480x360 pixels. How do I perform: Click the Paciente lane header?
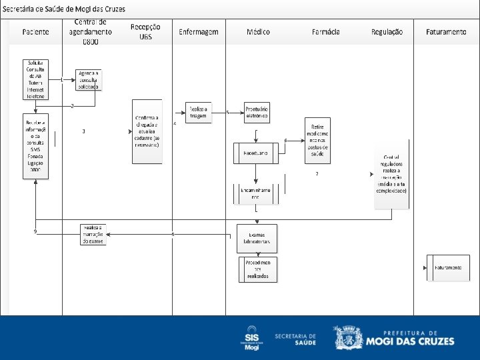tap(35, 32)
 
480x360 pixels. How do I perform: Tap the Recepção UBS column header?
tap(145, 31)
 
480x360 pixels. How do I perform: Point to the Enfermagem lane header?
tap(199, 32)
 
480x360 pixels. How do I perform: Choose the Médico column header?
tap(258, 32)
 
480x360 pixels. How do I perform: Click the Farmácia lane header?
tap(326, 32)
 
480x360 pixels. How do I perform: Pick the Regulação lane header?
tap(387, 32)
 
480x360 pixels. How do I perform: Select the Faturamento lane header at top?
tap(446, 32)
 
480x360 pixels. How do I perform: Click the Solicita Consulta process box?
tap(35, 79)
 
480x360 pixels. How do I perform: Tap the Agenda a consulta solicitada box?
tap(88, 79)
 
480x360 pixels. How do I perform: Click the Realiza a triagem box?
tap(198, 113)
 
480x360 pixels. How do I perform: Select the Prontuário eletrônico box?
tap(257, 113)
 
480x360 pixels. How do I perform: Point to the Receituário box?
tap(255, 153)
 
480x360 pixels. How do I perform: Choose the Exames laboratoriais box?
tap(257, 238)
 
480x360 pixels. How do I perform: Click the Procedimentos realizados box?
tap(257, 269)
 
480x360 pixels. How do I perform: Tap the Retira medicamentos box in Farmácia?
tap(317, 140)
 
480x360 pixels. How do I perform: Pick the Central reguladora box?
tap(391, 177)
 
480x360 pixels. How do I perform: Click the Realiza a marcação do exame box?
tap(93, 234)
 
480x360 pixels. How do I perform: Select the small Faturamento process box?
tap(446, 267)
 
